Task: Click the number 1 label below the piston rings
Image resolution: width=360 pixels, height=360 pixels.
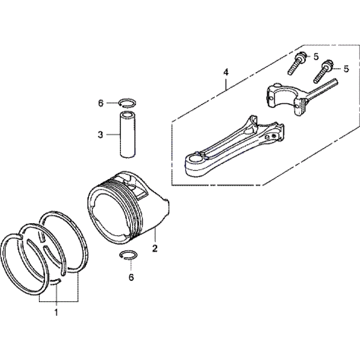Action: [x=56, y=312]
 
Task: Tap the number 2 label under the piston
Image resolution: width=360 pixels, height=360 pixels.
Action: [x=155, y=248]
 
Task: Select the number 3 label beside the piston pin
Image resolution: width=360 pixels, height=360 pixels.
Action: [x=100, y=135]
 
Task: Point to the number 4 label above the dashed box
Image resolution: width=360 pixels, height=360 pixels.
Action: [x=226, y=73]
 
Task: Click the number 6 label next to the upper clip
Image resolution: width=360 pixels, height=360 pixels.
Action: [x=100, y=103]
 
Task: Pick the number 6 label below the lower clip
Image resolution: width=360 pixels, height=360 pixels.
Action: [x=131, y=277]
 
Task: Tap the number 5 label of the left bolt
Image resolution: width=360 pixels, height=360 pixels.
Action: [x=316, y=57]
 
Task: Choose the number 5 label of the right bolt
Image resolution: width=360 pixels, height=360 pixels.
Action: [x=346, y=69]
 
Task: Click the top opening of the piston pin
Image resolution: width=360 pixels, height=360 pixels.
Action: [x=128, y=114]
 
